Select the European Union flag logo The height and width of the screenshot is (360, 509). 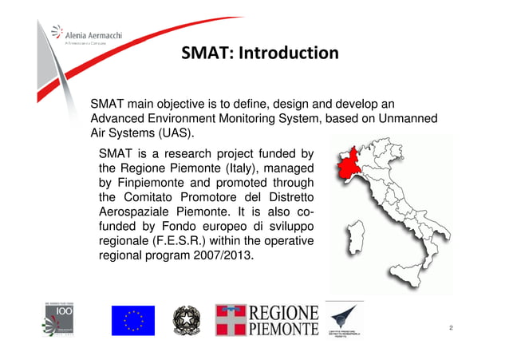coord(132,321)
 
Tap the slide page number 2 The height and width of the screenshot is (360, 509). coord(451,327)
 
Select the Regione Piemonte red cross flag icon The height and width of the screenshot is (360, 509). coord(231,320)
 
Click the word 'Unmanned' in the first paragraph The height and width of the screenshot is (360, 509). coord(407,119)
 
